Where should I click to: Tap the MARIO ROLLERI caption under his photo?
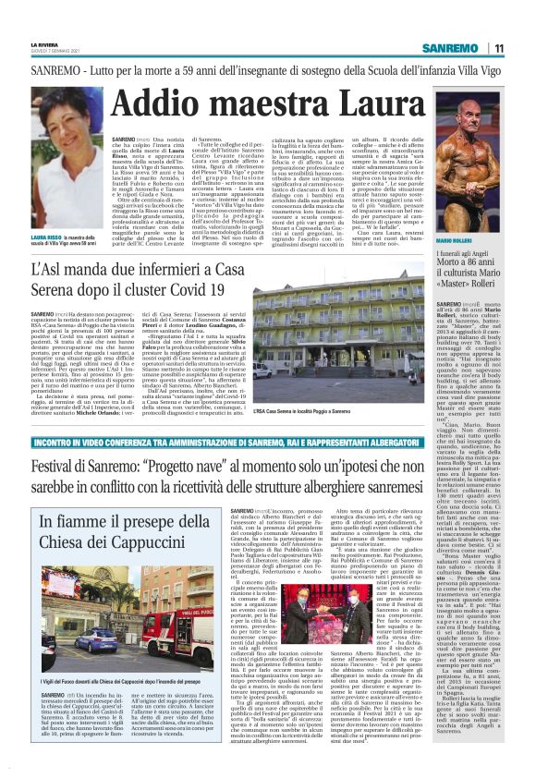(x=481, y=239)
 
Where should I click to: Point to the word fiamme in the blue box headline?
(x=100, y=523)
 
